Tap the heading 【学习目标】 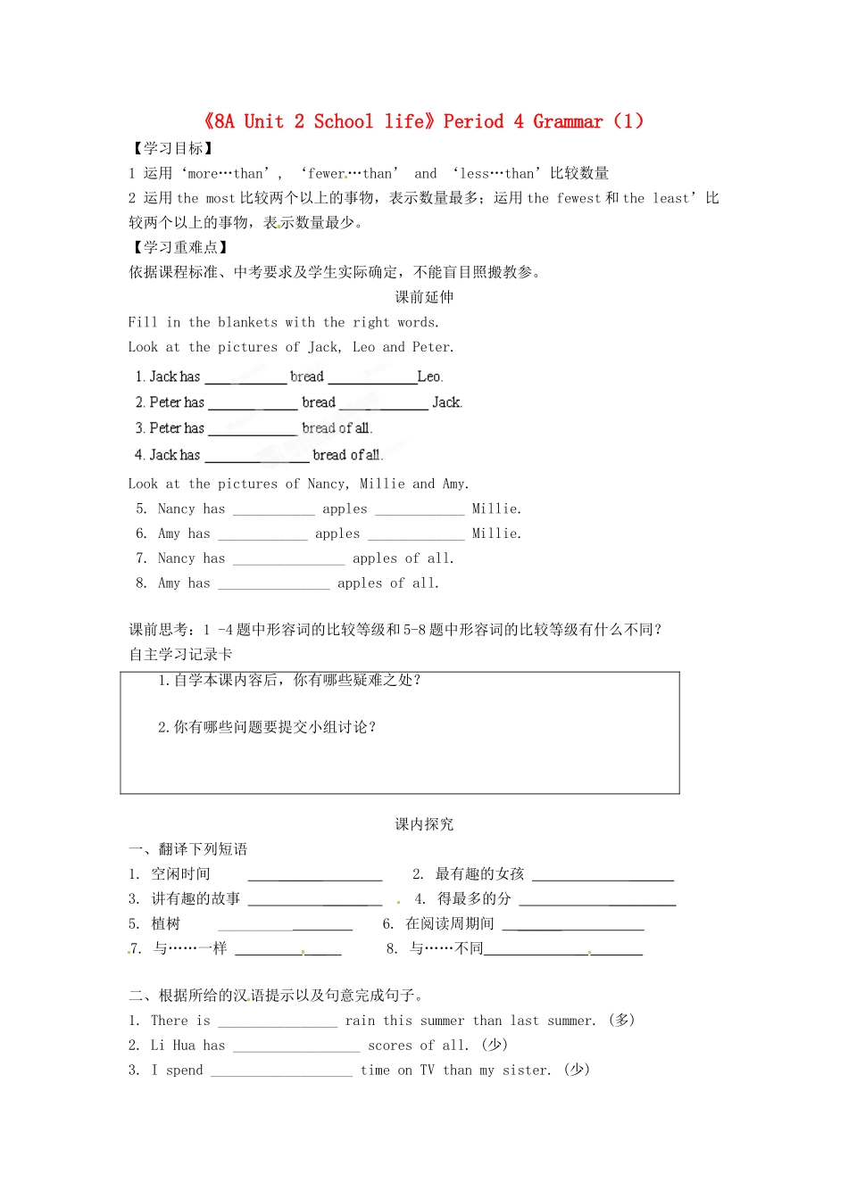(x=171, y=148)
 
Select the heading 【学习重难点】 (x=179, y=247)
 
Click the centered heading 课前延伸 (x=424, y=297)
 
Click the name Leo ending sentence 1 (x=428, y=376)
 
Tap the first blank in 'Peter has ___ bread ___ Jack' (x=253, y=403)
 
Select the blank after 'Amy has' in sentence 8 (x=273, y=583)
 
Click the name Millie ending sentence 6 (x=495, y=533)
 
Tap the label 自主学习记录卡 (x=180, y=654)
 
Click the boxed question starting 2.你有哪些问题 (x=267, y=727)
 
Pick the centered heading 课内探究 (x=424, y=824)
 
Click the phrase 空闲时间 (x=180, y=874)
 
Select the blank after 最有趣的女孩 (x=603, y=875)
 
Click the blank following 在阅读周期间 (x=572, y=925)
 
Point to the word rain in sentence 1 (x=360, y=1021)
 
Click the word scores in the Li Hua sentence (x=390, y=1046)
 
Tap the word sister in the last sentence (x=525, y=1071)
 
